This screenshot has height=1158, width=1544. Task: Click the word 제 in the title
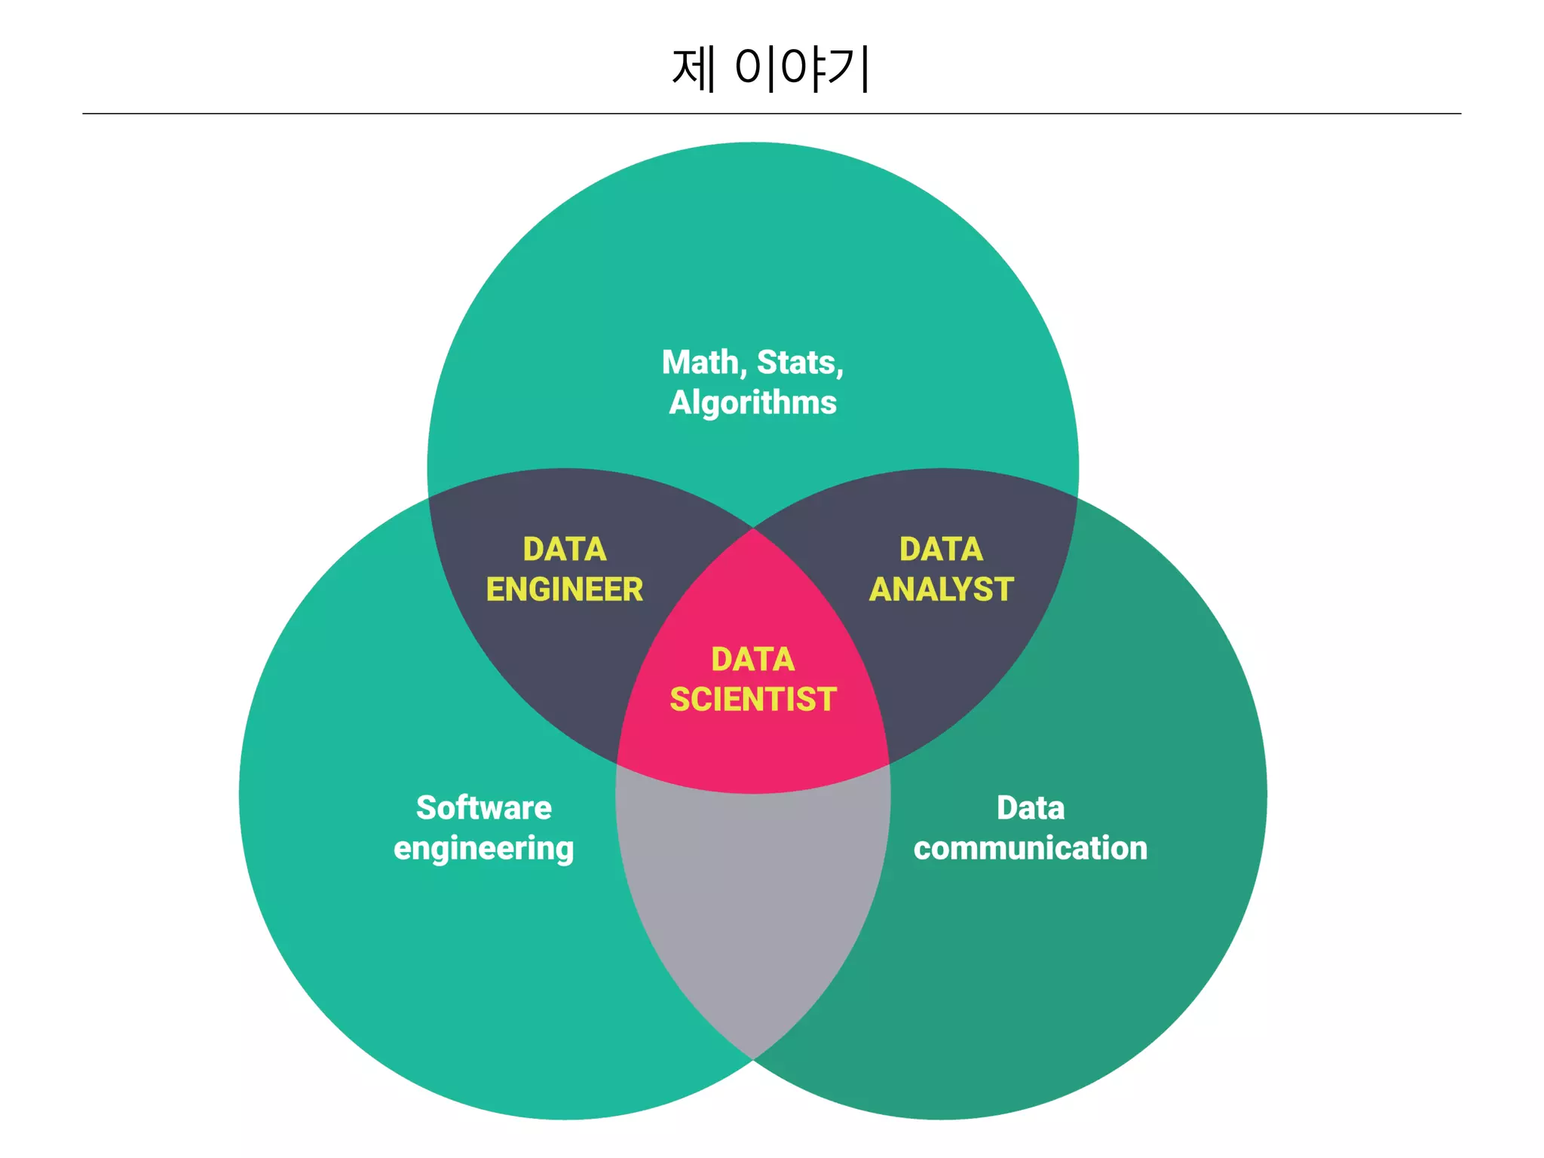click(x=693, y=69)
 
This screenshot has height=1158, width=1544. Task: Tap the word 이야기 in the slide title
click(x=802, y=69)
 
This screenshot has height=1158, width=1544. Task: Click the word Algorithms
click(x=752, y=403)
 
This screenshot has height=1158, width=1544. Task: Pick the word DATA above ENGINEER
click(x=565, y=550)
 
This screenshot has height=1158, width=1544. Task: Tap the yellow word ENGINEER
click(x=565, y=590)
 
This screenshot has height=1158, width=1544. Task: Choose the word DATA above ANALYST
click(x=941, y=550)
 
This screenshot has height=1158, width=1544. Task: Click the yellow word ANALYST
click(x=941, y=590)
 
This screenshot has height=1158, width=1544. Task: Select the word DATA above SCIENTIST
click(x=752, y=660)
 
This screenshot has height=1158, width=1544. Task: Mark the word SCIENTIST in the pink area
click(x=752, y=700)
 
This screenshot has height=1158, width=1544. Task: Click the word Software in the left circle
click(x=484, y=808)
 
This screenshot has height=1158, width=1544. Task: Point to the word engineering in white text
click(x=484, y=849)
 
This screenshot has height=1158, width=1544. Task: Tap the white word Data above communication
click(x=1031, y=808)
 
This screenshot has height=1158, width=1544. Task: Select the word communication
click(x=1031, y=849)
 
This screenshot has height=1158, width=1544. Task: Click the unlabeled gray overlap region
click(x=752, y=905)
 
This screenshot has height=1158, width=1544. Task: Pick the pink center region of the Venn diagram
click(x=752, y=746)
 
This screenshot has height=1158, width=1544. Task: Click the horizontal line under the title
click(x=772, y=114)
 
